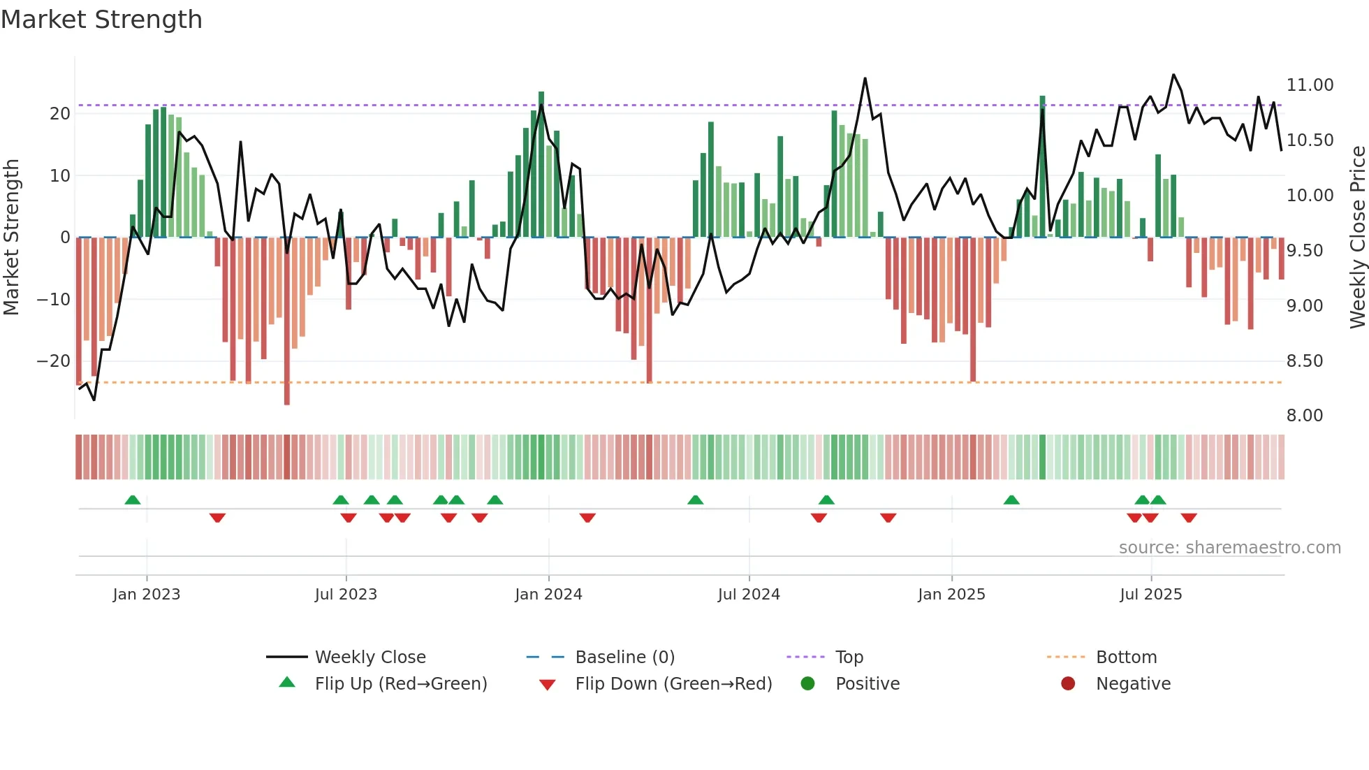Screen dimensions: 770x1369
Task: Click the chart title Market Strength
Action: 101,20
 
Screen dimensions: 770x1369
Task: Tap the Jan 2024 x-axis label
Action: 548,595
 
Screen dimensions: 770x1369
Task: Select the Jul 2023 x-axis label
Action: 346,595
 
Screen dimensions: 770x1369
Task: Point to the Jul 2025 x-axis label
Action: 1150,595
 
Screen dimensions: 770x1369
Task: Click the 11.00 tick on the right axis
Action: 1310,85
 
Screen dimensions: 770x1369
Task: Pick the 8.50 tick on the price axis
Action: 1304,361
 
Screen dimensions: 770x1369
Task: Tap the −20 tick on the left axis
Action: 54,361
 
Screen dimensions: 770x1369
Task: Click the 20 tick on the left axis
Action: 60,114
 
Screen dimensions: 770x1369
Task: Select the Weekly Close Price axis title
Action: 1357,238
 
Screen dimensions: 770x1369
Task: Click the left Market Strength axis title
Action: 12,238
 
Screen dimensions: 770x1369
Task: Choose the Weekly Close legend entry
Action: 369,658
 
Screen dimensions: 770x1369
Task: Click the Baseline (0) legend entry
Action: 624,658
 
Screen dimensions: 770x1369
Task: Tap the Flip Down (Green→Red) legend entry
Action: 673,684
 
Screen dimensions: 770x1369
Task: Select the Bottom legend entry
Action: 1126,658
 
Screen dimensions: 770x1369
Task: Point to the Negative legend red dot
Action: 1068,684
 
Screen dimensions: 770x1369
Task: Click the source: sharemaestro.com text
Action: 1229,548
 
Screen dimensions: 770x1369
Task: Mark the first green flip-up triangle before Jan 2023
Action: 133,500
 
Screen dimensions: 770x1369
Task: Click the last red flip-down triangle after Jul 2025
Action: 1189,518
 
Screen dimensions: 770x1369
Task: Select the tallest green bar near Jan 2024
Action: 541,164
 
